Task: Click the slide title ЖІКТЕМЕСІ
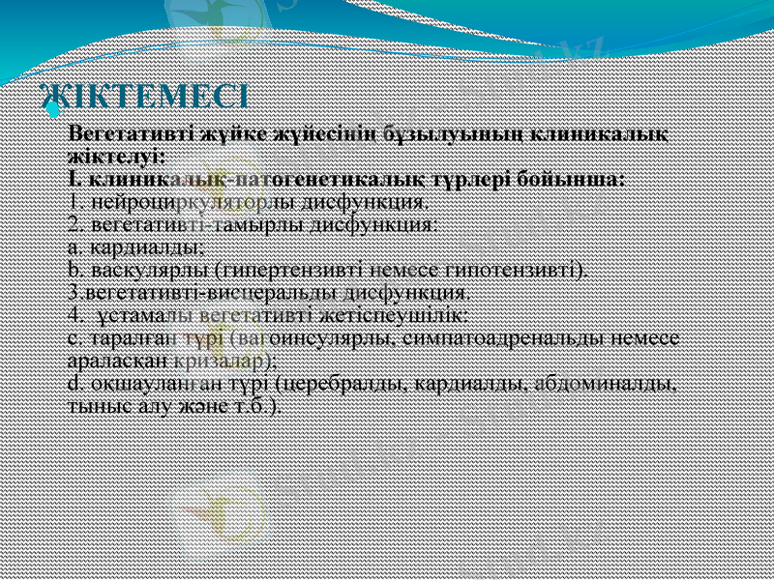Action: [x=144, y=97]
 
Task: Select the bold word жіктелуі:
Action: [x=116, y=156]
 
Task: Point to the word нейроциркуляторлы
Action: [x=180, y=202]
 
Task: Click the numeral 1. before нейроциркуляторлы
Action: [x=77, y=202]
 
